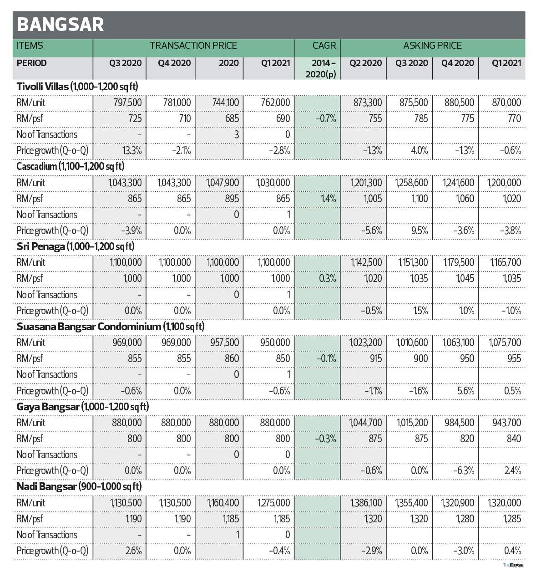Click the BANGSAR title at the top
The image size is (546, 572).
tap(60, 25)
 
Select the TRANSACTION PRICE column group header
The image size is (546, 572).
tap(193, 46)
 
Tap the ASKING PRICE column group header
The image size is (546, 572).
tap(432, 46)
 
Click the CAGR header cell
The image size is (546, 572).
tap(324, 46)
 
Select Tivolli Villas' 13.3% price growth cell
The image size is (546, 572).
tap(131, 150)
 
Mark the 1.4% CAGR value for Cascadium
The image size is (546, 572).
tap(328, 199)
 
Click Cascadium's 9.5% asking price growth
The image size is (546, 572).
tap(420, 230)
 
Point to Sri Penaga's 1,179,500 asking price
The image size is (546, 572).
tap(459, 263)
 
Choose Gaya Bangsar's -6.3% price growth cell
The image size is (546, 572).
tap(464, 470)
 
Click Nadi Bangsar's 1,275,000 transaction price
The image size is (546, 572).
tap(273, 503)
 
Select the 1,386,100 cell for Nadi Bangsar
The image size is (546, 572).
tap(366, 503)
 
